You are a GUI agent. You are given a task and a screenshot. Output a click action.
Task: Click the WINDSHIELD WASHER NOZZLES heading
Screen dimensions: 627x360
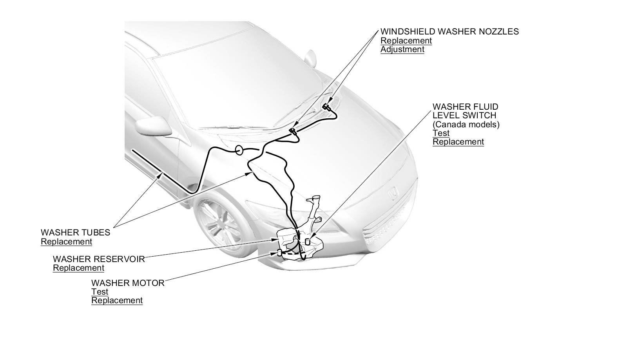449,32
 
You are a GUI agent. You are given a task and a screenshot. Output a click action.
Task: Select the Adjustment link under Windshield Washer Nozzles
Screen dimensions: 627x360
402,49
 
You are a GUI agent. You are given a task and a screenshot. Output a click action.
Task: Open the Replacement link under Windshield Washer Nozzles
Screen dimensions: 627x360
406,41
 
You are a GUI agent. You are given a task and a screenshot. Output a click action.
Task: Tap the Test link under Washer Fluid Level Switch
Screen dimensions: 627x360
441,133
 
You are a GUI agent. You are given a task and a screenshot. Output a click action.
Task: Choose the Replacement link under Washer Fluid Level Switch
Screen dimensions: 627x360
458,142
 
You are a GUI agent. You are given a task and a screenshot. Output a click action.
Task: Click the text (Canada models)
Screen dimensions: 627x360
466,124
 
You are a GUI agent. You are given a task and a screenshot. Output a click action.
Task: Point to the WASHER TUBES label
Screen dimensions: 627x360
76,233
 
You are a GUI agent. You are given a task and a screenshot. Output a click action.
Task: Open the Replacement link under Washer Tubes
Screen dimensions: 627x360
67,242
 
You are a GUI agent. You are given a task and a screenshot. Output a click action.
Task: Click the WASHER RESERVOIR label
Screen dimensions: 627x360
99,259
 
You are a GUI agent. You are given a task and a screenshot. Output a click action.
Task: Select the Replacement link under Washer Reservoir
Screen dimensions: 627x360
78,268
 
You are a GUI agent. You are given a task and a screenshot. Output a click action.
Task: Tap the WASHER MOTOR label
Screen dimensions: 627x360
128,283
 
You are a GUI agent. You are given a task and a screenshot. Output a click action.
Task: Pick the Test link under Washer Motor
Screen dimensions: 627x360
100,292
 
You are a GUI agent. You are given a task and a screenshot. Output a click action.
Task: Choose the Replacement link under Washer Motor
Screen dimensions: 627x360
117,301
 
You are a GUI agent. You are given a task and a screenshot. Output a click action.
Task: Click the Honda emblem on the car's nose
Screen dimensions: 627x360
391,194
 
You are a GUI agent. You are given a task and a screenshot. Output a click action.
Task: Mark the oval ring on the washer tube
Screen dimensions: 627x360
239,150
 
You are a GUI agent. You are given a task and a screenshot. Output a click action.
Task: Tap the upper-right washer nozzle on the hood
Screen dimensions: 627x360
326,107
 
